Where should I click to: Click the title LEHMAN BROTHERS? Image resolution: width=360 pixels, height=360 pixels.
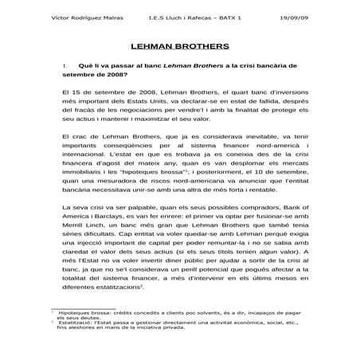179,46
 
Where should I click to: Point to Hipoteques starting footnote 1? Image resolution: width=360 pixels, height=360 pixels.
74,336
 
